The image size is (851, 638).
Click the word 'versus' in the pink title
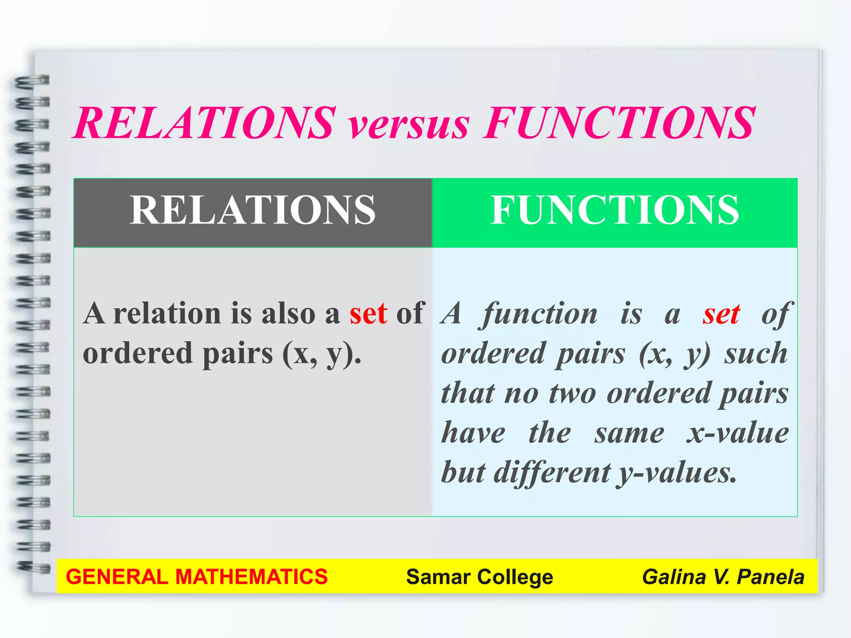point(409,125)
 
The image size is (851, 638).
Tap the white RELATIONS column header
point(253,211)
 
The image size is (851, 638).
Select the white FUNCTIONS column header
point(615,211)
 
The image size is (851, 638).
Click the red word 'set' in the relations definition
point(368,314)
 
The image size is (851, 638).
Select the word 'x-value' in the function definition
point(737,433)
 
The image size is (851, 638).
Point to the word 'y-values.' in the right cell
point(677,473)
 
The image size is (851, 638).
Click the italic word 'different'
point(552,473)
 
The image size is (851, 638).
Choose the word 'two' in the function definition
point(573,394)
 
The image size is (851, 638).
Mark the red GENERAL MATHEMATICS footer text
point(197,577)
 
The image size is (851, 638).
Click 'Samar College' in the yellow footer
point(480,577)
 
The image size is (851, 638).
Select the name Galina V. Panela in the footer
point(723,577)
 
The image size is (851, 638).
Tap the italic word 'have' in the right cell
point(473,433)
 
